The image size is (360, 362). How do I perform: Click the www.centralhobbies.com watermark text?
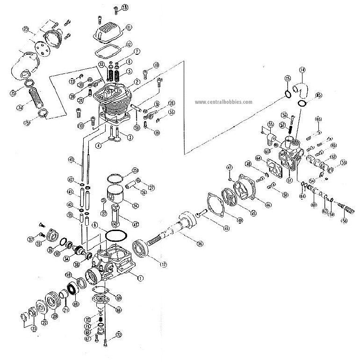coord(223,101)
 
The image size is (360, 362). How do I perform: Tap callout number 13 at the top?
coord(124,7)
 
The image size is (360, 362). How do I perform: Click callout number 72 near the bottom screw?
coord(118,334)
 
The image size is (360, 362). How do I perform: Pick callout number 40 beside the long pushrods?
coord(71,160)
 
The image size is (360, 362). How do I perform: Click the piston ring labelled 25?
coord(115,178)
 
